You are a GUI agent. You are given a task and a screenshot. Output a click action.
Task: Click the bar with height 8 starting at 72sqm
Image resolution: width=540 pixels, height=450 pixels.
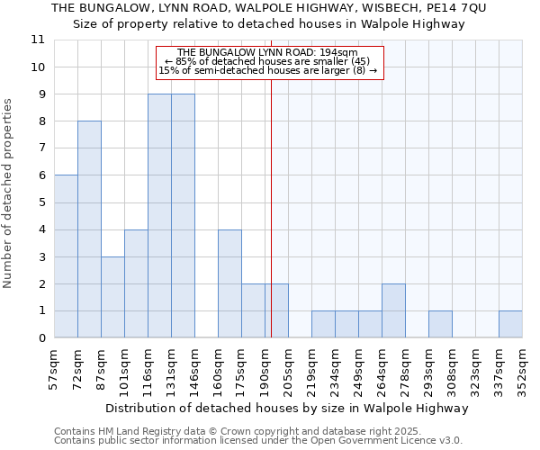[x=89, y=229]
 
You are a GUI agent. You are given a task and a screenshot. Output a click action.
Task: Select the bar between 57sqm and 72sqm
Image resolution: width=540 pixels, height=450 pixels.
[x=66, y=256]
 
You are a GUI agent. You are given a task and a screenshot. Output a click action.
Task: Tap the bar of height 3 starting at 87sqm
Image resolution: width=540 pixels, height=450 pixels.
[x=112, y=297]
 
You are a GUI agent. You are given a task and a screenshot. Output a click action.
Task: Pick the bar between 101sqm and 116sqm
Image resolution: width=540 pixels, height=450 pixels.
[x=136, y=283]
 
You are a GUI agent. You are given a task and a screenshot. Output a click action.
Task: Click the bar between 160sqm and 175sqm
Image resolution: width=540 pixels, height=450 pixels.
[x=229, y=283]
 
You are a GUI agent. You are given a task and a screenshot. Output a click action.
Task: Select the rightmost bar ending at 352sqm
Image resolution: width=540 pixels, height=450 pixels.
[x=510, y=325]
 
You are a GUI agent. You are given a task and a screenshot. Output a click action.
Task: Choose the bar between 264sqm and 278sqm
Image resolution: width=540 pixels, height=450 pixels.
[x=393, y=310]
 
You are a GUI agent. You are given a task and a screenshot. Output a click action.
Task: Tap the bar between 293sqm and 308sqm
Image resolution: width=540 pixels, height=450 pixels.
[x=440, y=325]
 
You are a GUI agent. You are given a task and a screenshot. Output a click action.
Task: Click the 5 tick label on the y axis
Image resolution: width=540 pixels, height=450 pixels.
[x=41, y=202]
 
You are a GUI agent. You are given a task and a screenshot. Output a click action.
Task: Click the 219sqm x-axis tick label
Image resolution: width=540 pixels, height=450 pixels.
[x=311, y=371]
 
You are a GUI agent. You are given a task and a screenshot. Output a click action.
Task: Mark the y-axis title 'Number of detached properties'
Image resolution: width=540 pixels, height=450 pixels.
[x=9, y=193]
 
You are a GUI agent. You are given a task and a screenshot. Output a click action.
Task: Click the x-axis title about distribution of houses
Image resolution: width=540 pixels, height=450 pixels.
[x=287, y=408]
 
